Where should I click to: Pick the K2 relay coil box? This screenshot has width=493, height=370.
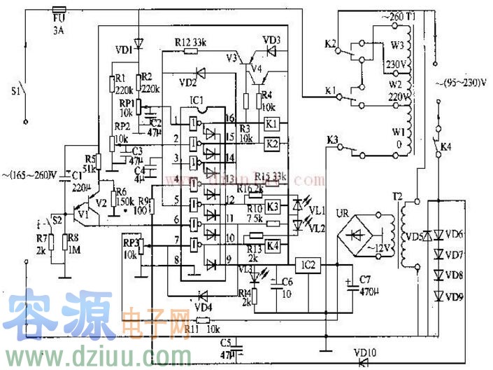[273, 144]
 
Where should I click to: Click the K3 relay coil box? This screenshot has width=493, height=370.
[273, 206]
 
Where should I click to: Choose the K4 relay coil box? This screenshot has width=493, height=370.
[273, 245]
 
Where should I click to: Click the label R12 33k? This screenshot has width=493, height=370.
[190, 42]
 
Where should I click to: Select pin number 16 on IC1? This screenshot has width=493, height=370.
[230, 118]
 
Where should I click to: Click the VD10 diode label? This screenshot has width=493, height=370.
[364, 352]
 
